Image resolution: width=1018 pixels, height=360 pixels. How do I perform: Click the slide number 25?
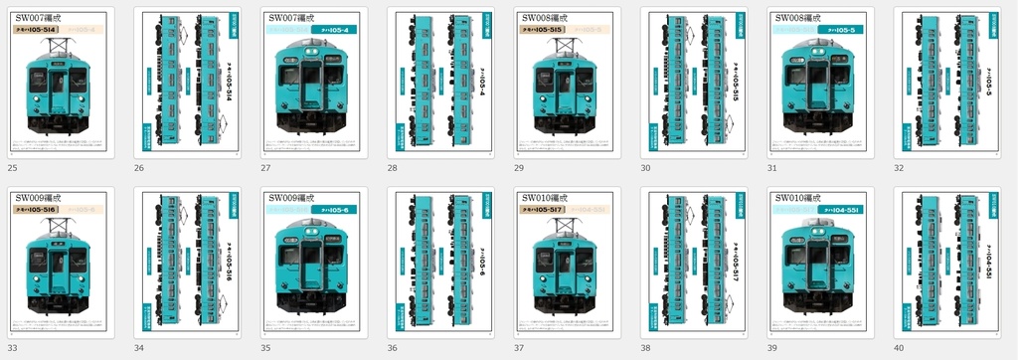12,168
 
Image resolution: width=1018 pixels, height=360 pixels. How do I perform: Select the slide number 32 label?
899,168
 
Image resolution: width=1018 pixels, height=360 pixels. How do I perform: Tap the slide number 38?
646,348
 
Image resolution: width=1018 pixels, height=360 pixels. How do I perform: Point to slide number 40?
899,348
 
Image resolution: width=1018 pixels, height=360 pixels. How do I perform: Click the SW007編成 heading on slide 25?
38,18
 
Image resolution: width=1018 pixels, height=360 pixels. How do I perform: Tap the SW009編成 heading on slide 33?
38,198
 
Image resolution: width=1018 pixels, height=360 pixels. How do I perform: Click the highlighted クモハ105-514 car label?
36,30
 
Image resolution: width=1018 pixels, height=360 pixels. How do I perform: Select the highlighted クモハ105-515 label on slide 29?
543,30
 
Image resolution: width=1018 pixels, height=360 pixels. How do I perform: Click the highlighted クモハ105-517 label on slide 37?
543,210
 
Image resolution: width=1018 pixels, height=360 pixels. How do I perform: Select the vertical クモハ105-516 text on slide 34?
230,264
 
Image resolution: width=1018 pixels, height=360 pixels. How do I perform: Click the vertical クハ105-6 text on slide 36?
482,264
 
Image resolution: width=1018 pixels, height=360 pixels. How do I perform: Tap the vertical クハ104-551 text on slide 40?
988,264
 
